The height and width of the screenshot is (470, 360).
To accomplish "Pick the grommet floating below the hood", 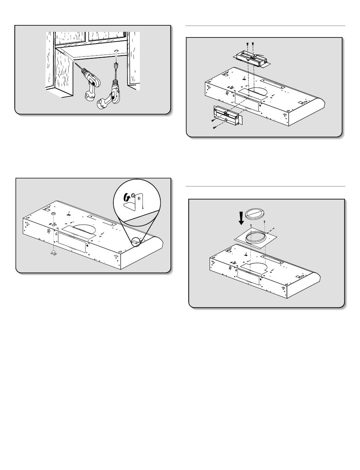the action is [53, 253].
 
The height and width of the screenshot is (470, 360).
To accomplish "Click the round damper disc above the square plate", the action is [253, 213].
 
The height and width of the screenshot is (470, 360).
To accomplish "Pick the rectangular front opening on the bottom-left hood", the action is [72, 243].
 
